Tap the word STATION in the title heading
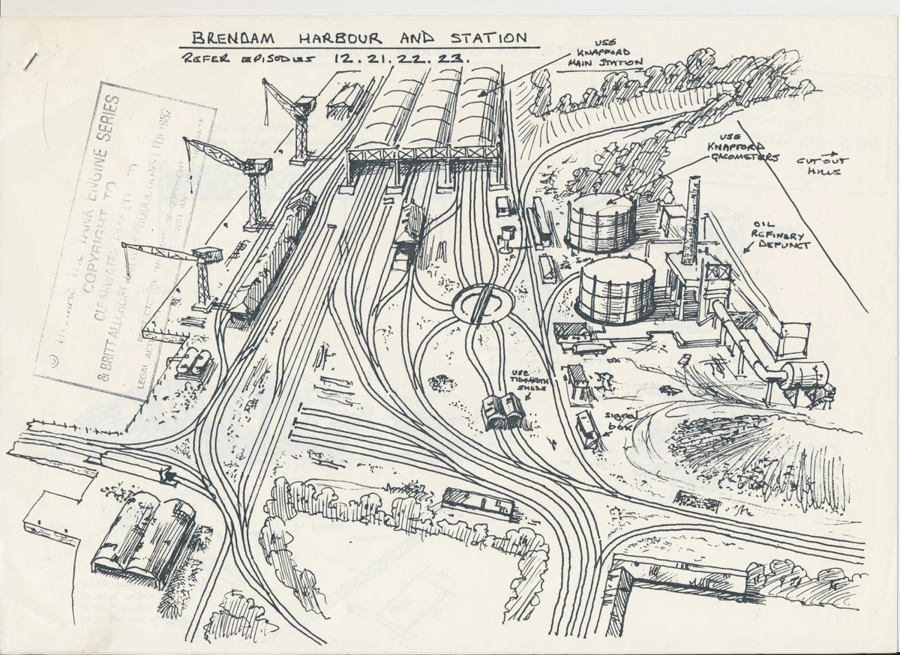487,36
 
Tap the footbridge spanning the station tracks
423,155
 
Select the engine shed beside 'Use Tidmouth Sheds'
503,411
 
